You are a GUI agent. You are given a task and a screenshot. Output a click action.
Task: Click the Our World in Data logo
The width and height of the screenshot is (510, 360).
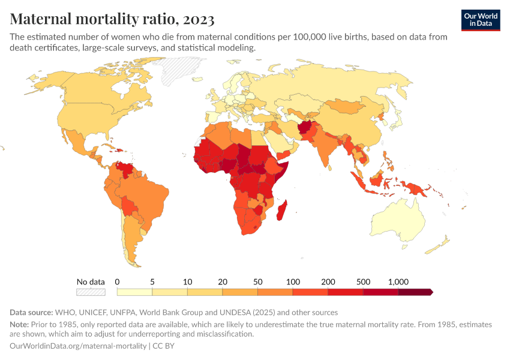(480, 19)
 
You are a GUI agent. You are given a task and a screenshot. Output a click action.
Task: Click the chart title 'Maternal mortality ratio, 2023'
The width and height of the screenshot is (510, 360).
(112, 19)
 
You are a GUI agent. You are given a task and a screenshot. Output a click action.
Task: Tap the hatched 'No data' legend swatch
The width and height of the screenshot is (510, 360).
(91, 292)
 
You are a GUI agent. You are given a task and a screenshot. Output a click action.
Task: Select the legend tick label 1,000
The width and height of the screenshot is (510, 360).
(398, 281)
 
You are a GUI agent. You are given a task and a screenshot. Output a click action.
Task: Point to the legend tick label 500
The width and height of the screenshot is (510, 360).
(364, 281)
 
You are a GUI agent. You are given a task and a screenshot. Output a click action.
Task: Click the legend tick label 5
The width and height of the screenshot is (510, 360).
(152, 281)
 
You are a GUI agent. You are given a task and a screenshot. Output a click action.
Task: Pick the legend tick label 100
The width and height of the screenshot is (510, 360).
(293, 281)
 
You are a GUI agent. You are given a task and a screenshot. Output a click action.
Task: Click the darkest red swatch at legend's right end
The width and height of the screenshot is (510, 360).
(415, 292)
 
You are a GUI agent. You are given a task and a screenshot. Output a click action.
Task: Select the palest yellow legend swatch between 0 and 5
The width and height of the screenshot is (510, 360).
(134, 292)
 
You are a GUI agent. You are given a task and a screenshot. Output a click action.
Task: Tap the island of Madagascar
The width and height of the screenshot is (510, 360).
(284, 211)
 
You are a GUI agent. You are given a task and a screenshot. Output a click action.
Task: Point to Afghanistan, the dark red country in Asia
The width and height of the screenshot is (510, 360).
(307, 128)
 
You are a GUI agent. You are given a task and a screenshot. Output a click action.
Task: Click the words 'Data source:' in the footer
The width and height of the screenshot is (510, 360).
(31, 312)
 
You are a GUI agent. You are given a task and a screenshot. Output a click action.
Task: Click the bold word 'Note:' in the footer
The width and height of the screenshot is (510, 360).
(20, 324)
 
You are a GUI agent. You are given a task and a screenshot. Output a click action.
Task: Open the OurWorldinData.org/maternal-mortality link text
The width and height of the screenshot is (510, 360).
(78, 346)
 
